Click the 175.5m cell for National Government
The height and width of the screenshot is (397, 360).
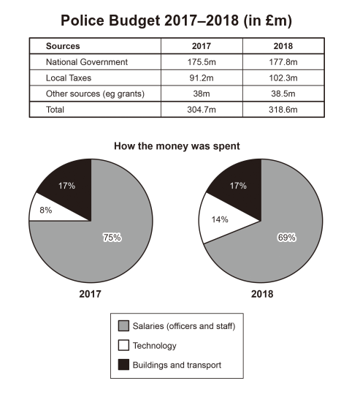pos(202,62)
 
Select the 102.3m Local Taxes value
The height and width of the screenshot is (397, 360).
pos(283,78)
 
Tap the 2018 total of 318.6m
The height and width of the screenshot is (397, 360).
pos(283,110)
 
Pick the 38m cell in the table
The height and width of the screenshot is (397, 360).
pos(202,94)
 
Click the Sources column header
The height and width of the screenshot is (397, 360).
pos(63,46)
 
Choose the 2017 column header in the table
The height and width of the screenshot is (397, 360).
pos(202,46)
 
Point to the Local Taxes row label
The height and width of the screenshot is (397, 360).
pos(69,78)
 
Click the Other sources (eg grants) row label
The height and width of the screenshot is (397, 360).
pos(95,94)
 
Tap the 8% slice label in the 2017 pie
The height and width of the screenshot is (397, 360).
pos(46,210)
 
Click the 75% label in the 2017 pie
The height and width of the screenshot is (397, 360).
pos(112,238)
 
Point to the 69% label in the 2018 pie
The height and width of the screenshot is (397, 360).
pos(286,238)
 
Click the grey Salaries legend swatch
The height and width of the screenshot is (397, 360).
pos(123,326)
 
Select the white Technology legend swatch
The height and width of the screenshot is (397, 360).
pos(123,345)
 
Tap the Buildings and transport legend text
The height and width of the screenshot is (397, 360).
pos(177,365)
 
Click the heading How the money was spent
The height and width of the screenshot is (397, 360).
pos(177,146)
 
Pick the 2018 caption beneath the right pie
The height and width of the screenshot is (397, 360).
pos(262,294)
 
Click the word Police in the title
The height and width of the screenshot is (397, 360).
pos(83,20)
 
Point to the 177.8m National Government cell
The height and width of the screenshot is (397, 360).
pos(283,62)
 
